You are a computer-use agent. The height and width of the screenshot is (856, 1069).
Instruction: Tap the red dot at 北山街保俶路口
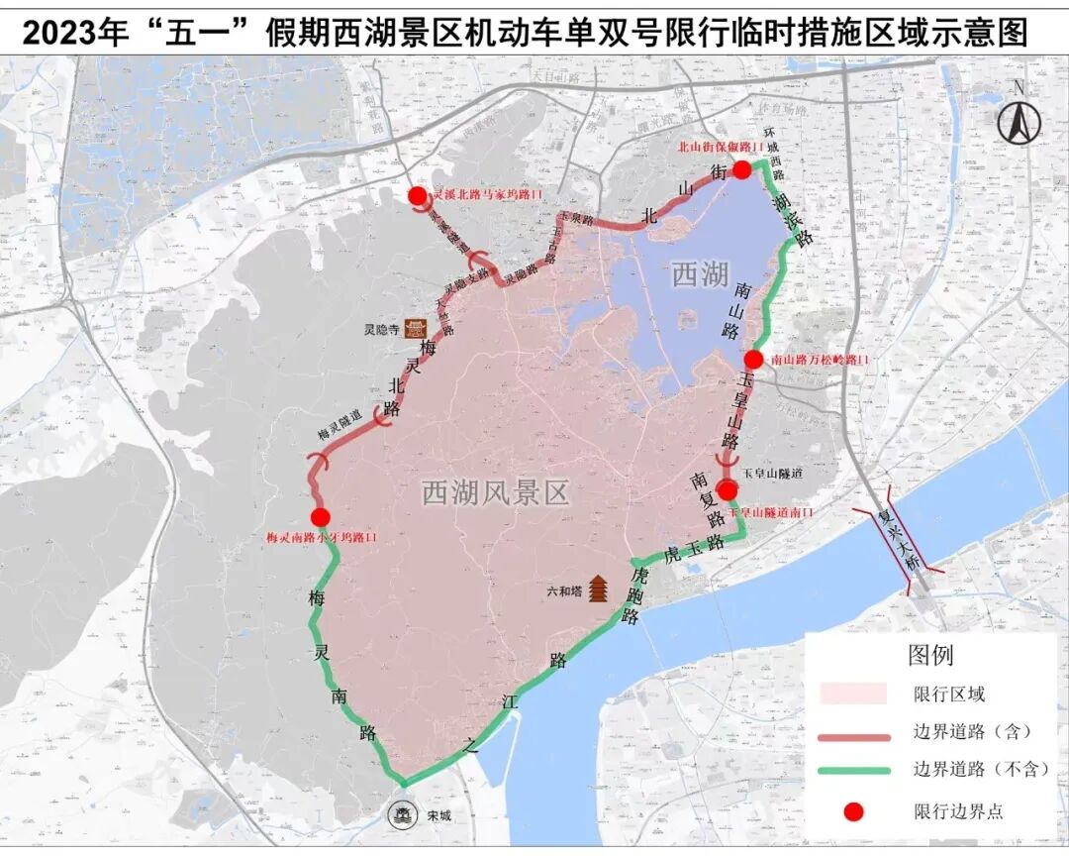[x=741, y=169]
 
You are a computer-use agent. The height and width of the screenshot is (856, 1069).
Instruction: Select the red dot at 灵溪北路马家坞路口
[x=417, y=196]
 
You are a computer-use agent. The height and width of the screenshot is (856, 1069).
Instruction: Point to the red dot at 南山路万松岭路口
[x=754, y=360]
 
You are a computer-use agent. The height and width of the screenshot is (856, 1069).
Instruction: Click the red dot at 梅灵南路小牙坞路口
[x=320, y=517]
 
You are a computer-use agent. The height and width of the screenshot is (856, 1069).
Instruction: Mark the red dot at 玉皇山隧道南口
[x=728, y=490]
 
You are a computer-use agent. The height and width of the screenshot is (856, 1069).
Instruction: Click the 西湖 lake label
[x=701, y=274]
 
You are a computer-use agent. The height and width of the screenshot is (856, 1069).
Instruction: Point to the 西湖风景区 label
[x=496, y=492]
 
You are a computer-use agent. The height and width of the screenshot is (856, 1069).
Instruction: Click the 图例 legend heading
[x=929, y=655]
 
